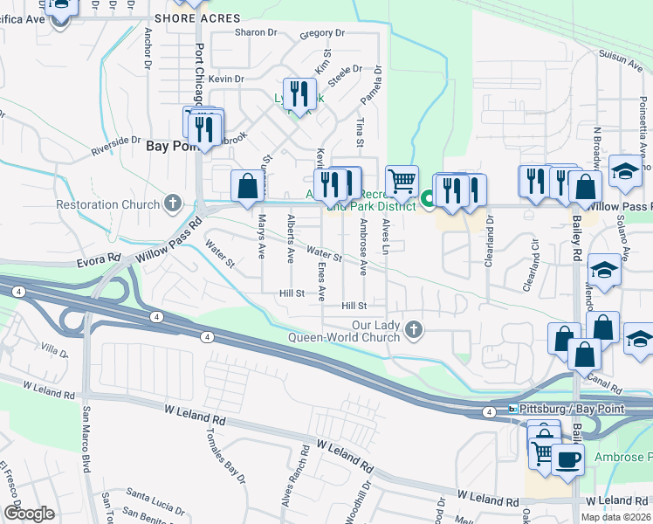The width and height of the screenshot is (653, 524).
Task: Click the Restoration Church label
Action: tap(110, 205)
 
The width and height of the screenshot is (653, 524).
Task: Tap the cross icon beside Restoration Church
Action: tap(173, 204)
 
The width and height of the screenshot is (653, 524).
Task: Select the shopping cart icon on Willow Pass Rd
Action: tap(402, 181)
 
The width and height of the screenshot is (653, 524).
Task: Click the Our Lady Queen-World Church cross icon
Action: tap(415, 330)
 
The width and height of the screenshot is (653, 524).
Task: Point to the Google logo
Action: tap(29, 514)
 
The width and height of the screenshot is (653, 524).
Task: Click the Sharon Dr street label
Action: tap(256, 33)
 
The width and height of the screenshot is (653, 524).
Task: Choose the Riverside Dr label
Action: tap(117, 145)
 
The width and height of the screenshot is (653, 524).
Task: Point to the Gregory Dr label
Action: tap(322, 34)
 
